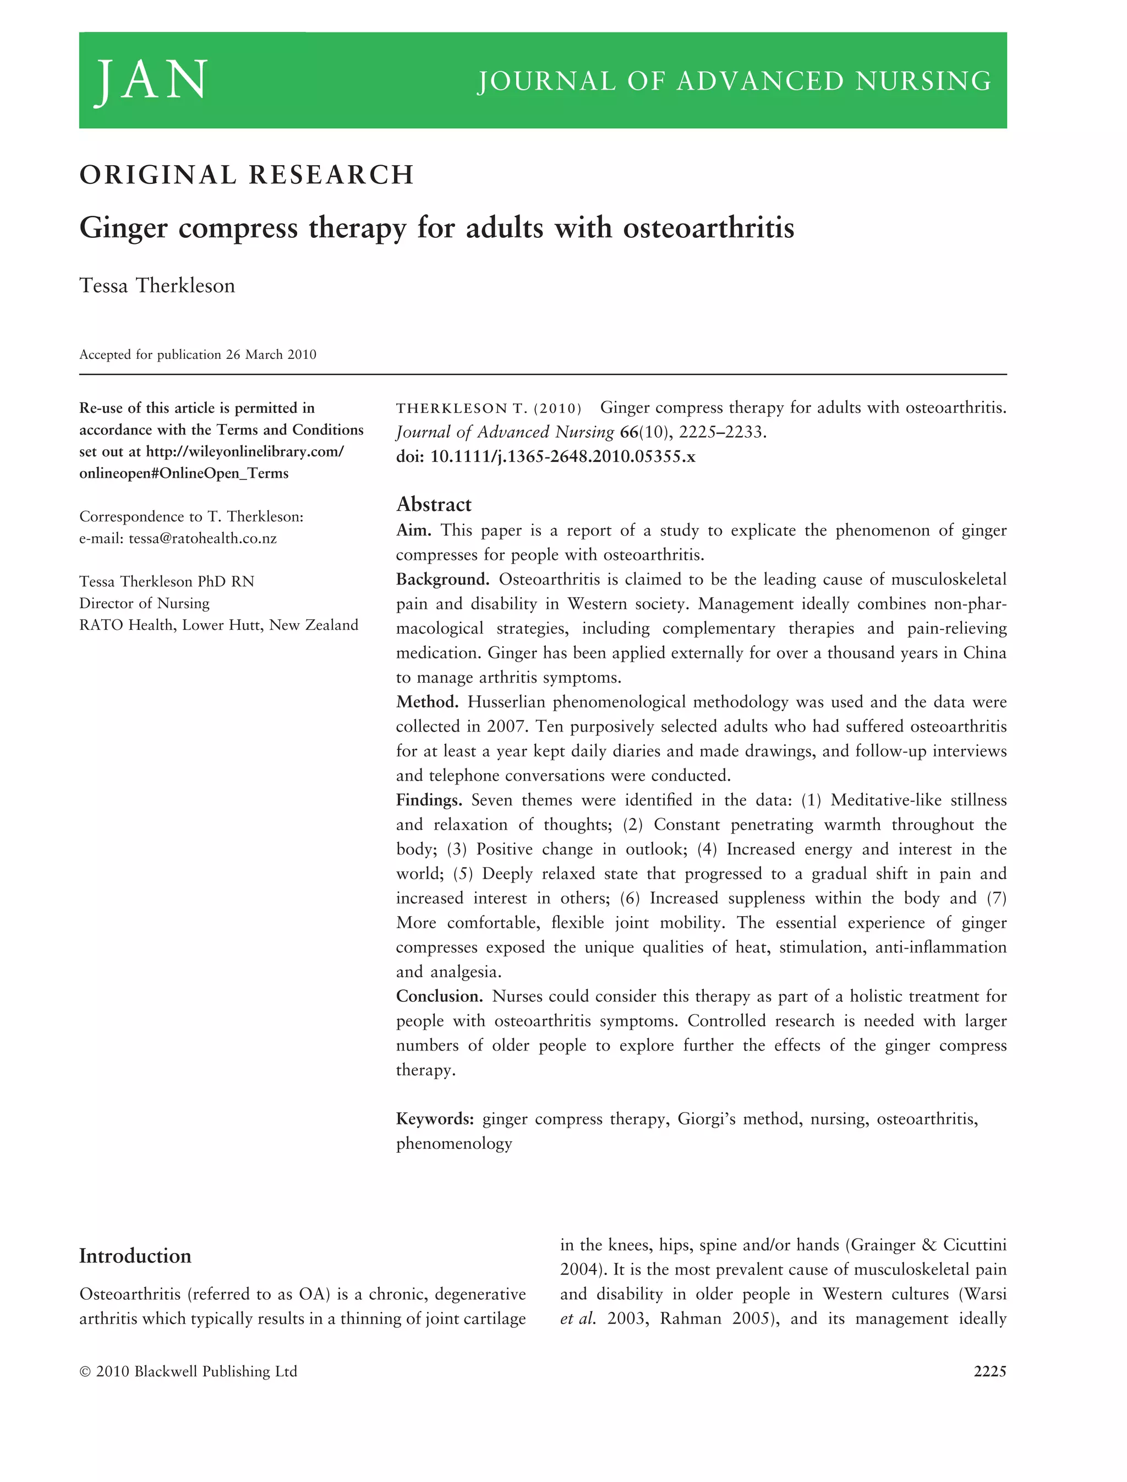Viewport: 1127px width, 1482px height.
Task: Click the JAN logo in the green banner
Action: coord(152,80)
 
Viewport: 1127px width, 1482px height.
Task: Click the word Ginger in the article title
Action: coord(123,228)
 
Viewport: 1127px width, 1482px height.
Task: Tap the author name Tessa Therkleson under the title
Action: coord(157,286)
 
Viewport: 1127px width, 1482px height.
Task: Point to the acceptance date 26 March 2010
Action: coord(271,355)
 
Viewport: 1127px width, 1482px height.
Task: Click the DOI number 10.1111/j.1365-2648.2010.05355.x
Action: coord(562,457)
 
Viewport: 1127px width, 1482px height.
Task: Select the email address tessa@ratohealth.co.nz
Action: coord(203,538)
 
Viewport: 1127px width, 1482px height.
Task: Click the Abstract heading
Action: coord(434,504)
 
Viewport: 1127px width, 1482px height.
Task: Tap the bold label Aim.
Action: coord(413,530)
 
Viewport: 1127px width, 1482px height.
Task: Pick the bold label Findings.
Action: coord(429,800)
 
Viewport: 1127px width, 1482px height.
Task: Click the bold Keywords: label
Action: coord(435,1119)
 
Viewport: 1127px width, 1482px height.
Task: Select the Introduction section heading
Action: coord(135,1256)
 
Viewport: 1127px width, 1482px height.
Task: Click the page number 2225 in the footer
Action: coord(989,1371)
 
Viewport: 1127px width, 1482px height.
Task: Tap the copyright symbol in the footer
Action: coord(85,1372)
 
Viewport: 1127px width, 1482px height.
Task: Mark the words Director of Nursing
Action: coord(144,603)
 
